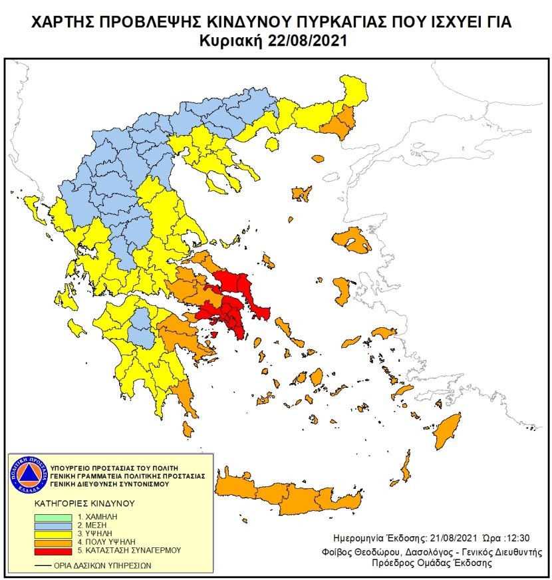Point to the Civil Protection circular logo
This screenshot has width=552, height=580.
click(28, 476)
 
